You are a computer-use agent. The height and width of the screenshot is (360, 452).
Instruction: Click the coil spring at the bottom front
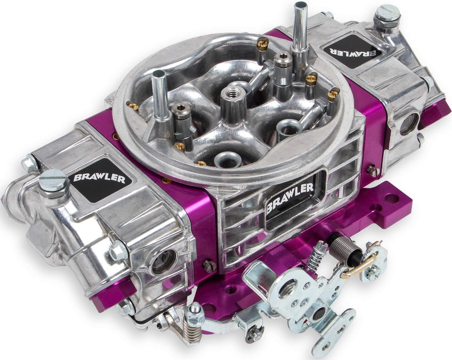(192, 328)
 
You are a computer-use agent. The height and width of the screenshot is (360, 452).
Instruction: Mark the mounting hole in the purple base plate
(391, 199)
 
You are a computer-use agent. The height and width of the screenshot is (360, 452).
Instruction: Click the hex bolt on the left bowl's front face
(117, 252)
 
